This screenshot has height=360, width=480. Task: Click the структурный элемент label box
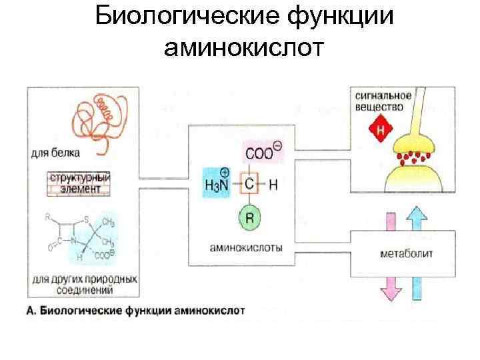79,183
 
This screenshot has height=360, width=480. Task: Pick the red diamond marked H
380,129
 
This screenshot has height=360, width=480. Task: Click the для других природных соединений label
83,284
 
